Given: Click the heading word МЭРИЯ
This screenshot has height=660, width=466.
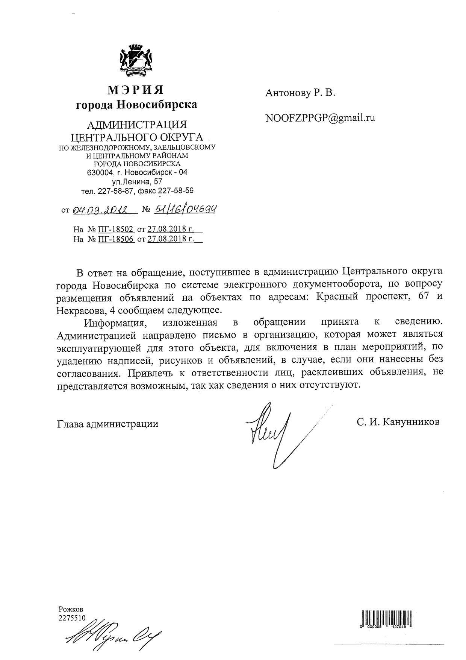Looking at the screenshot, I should [136, 90].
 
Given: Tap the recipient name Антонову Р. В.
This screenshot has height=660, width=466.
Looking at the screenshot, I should [300, 93].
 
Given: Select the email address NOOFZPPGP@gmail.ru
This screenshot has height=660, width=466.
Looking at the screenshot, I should [320, 118].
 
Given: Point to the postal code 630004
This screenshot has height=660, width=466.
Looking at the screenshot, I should [98, 173].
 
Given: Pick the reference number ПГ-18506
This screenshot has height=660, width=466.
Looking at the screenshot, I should [116, 239].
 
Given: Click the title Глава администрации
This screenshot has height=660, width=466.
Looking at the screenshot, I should [107, 424].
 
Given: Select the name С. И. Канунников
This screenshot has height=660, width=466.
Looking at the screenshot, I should [398, 422].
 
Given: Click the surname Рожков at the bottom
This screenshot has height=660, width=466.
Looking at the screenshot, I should [71, 609].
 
